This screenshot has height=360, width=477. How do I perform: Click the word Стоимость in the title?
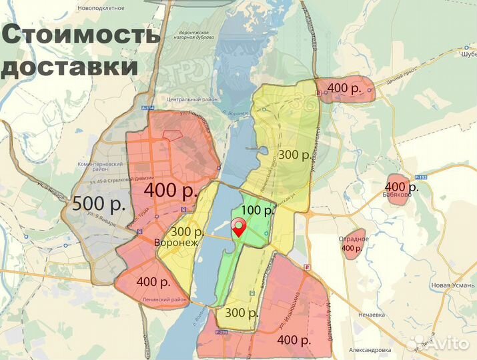(x=81, y=34)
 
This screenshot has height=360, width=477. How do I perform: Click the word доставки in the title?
(x=70, y=67)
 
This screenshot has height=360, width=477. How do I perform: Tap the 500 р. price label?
(x=99, y=204)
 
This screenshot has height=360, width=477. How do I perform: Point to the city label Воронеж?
(x=176, y=243)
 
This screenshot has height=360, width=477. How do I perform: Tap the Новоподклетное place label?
(x=101, y=7)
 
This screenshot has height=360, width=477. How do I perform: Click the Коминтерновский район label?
(x=101, y=167)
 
